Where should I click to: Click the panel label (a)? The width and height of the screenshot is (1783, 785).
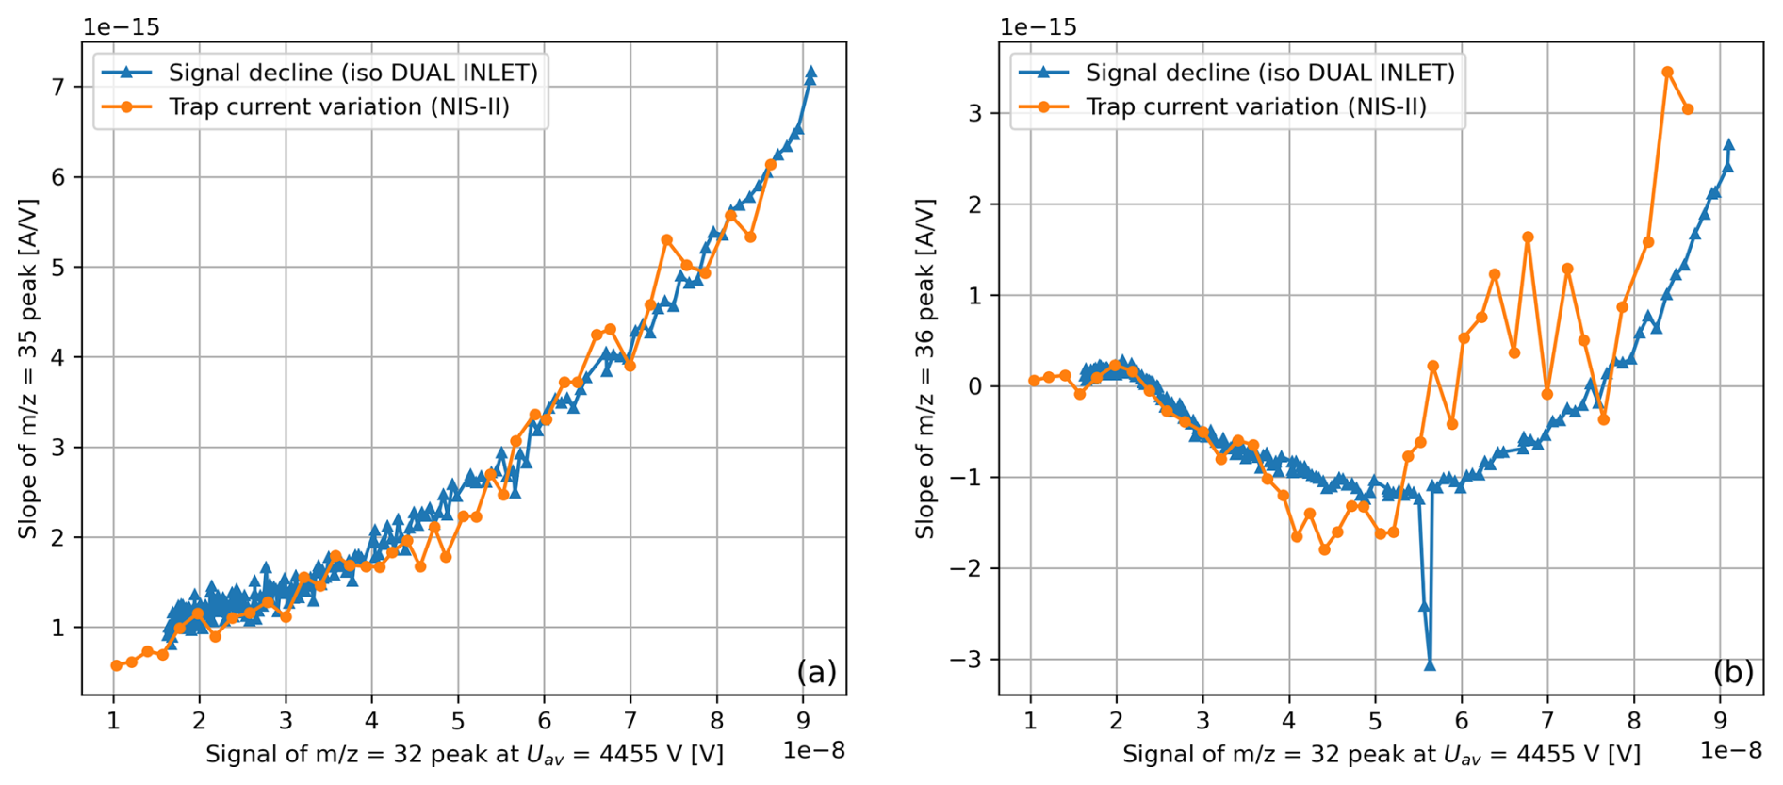click(x=816, y=671)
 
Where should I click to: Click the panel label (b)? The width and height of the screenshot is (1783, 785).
click(x=1733, y=671)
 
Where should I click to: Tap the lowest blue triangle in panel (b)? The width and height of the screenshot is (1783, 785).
click(x=1430, y=664)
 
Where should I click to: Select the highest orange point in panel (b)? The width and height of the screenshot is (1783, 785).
click(x=1667, y=72)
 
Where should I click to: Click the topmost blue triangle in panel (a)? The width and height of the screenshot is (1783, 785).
click(x=810, y=72)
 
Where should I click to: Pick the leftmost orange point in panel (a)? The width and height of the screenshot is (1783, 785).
click(x=116, y=665)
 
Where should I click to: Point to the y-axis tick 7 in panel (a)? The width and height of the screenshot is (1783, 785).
click(x=59, y=88)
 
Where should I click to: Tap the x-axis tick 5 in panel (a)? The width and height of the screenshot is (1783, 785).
click(x=458, y=721)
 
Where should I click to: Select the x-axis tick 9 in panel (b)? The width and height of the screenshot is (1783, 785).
click(x=1720, y=721)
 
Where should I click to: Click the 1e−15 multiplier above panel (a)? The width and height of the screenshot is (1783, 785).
click(x=122, y=26)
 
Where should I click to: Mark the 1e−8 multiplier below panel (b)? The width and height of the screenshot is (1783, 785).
click(x=1730, y=750)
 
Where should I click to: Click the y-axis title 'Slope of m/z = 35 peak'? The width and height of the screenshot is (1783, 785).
click(x=28, y=368)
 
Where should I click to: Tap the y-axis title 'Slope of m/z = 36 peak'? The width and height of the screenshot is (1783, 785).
click(x=925, y=368)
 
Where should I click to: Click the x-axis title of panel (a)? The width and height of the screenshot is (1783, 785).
click(x=465, y=755)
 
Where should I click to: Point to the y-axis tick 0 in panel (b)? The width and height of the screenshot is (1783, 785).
click(x=975, y=386)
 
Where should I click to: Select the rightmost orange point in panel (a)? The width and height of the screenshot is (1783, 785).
click(x=771, y=165)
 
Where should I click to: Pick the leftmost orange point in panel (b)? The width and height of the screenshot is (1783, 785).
click(x=1034, y=381)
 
